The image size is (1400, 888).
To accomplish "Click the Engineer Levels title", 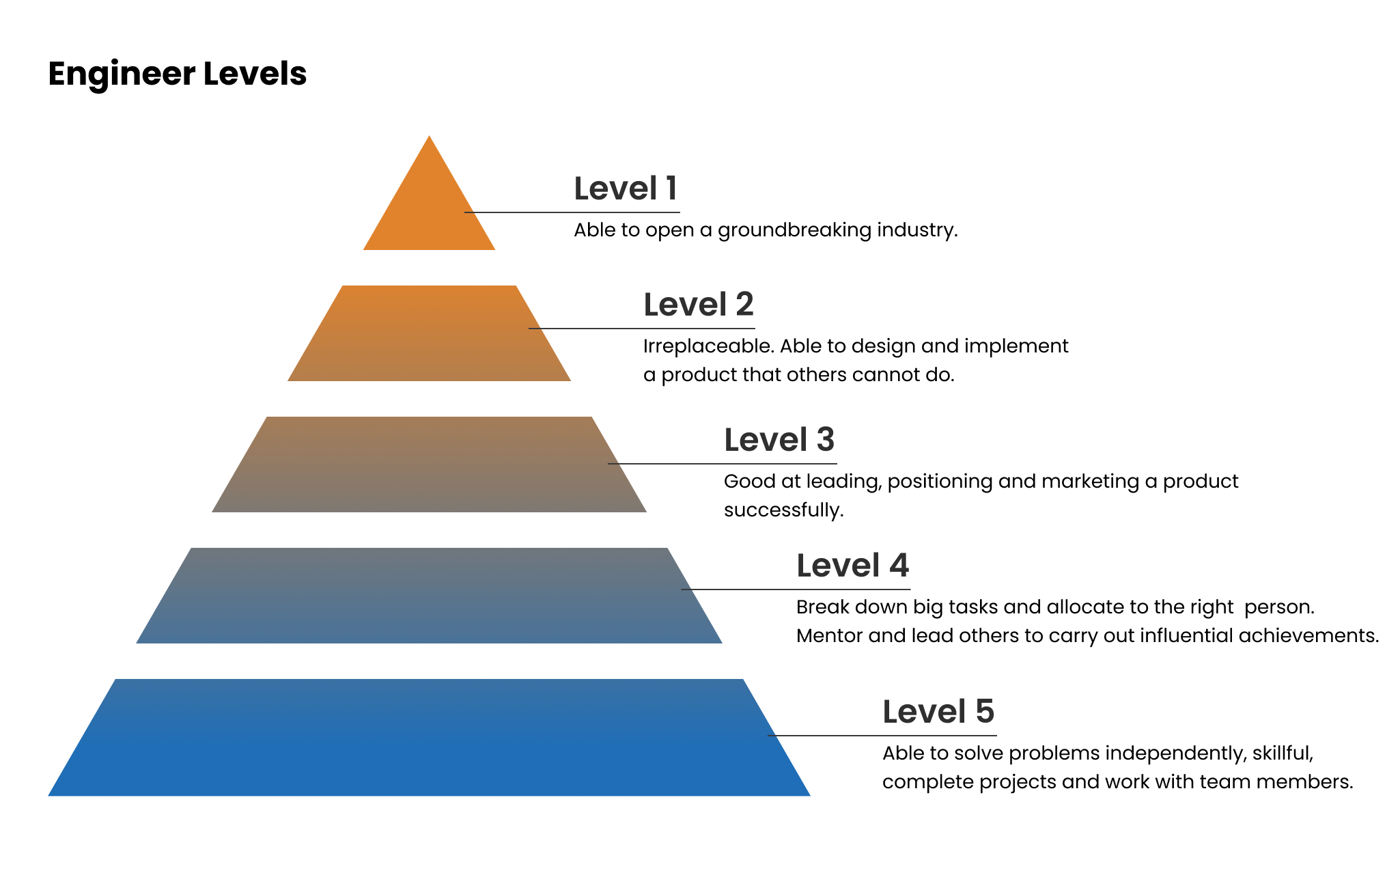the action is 178,74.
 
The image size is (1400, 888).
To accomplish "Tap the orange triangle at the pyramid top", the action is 429,205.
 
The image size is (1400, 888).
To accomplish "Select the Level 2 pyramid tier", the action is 429,333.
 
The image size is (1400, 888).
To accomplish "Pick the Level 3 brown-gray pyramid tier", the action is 429,464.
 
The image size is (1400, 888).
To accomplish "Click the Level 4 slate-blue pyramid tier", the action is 429,596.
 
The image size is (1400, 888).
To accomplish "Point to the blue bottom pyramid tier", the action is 429,738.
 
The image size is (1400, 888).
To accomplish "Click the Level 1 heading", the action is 626,189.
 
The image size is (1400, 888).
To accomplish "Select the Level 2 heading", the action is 699,305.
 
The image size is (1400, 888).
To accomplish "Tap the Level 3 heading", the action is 779,440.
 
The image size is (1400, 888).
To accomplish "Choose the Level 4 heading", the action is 853,566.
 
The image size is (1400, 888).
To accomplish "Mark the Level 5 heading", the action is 938,712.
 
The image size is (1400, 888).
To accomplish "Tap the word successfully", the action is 784,511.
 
